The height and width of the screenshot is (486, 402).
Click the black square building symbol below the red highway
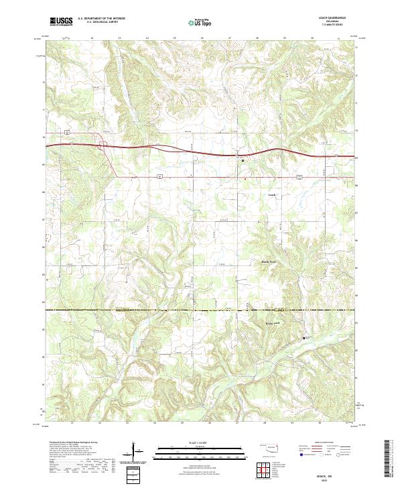243,160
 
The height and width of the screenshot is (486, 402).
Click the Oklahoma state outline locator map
268,448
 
